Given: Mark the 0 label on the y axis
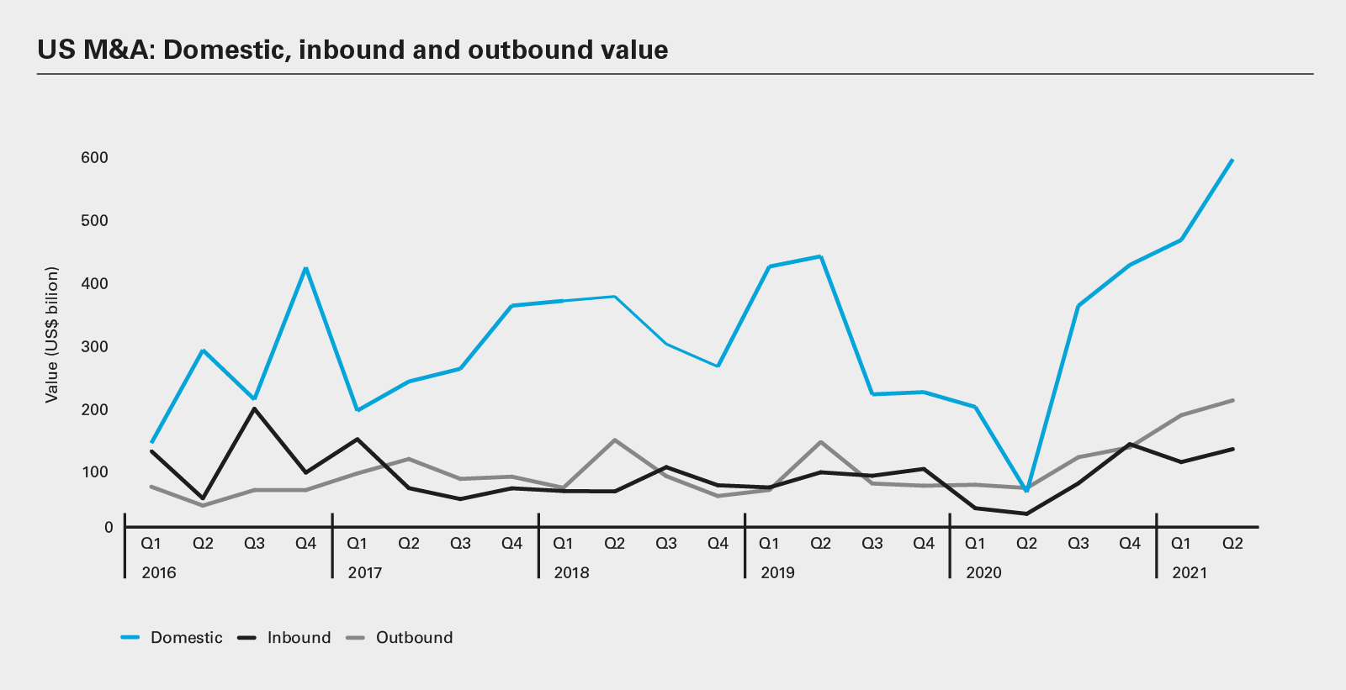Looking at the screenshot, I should [109, 528].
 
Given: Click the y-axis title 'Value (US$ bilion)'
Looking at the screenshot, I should [52, 334].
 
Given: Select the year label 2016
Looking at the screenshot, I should [159, 573].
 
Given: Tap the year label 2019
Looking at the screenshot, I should [777, 573].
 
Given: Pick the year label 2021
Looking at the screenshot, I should [1190, 573].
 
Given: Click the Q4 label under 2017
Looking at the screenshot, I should [511, 544].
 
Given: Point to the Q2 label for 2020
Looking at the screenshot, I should [1026, 544].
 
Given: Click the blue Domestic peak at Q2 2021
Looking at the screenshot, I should [1232, 160].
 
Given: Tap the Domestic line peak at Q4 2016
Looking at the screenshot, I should [306, 268].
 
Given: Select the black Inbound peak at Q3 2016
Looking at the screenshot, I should [254, 408].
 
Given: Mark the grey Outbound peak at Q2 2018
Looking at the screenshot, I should [615, 440].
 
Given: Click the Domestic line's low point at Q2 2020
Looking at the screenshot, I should [1026, 490].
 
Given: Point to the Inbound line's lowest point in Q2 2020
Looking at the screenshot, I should [1026, 514].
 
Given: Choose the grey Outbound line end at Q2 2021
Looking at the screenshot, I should [1232, 400].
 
